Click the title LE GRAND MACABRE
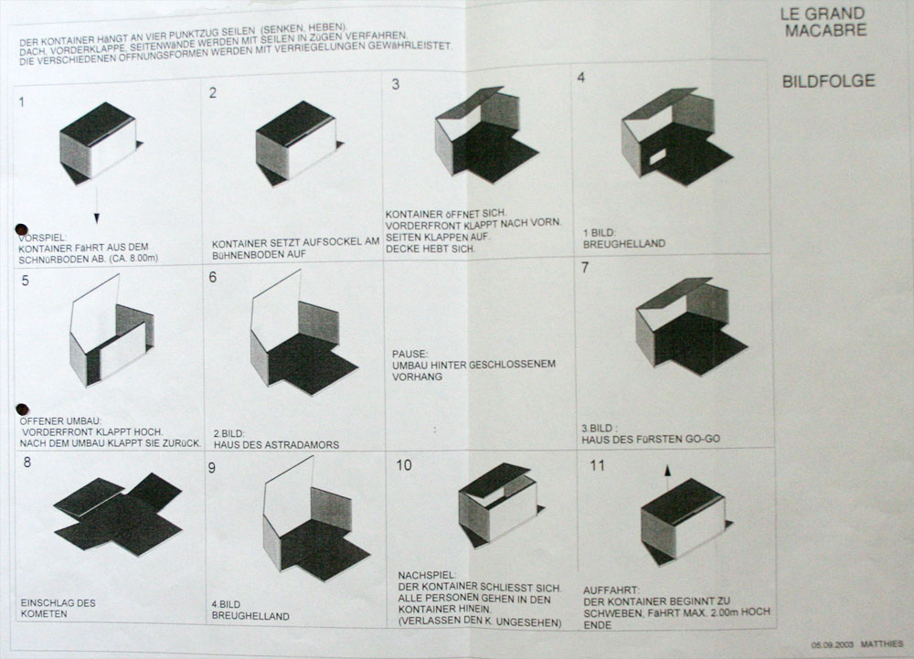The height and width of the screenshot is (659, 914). [x=824, y=22]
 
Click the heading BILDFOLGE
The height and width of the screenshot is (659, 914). [x=828, y=81]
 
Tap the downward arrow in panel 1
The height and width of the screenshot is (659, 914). [x=96, y=202]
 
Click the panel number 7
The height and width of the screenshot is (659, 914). [x=585, y=268]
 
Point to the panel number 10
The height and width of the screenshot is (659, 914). [x=404, y=465]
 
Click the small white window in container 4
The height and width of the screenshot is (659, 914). [x=657, y=155]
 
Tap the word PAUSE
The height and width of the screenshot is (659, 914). [x=409, y=354]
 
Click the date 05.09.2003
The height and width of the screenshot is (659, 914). [x=833, y=644]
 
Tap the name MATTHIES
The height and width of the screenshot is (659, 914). [x=882, y=643]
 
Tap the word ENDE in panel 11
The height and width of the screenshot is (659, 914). [x=598, y=625]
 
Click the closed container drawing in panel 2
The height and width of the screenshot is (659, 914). [x=299, y=143]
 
